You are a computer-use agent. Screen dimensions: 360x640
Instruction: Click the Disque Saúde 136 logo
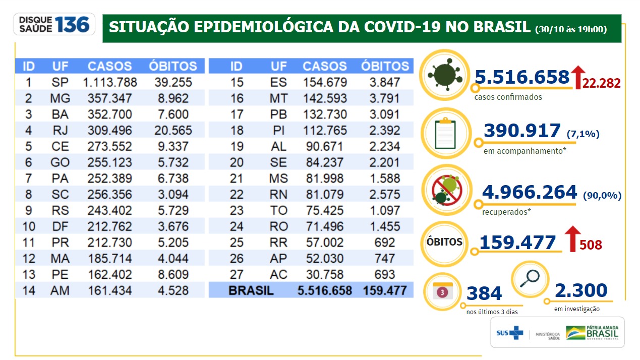[54, 24]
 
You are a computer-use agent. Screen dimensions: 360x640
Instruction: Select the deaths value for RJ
[172, 131]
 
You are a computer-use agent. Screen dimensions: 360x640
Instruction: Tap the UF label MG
[60, 98]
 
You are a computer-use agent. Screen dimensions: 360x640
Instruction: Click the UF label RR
[278, 242]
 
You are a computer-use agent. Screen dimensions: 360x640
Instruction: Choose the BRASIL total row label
[251, 291]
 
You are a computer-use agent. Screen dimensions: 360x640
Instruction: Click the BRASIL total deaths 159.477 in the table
[385, 291]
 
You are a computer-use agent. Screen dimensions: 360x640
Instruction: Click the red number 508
[591, 245]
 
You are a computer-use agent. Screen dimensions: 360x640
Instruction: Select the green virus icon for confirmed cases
[444, 74]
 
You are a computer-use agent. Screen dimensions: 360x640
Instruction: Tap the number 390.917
[522, 131]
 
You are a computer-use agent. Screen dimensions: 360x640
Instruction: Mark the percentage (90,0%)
[602, 196]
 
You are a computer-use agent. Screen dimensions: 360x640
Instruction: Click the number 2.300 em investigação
[580, 291]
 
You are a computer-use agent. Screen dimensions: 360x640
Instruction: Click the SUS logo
[509, 333]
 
